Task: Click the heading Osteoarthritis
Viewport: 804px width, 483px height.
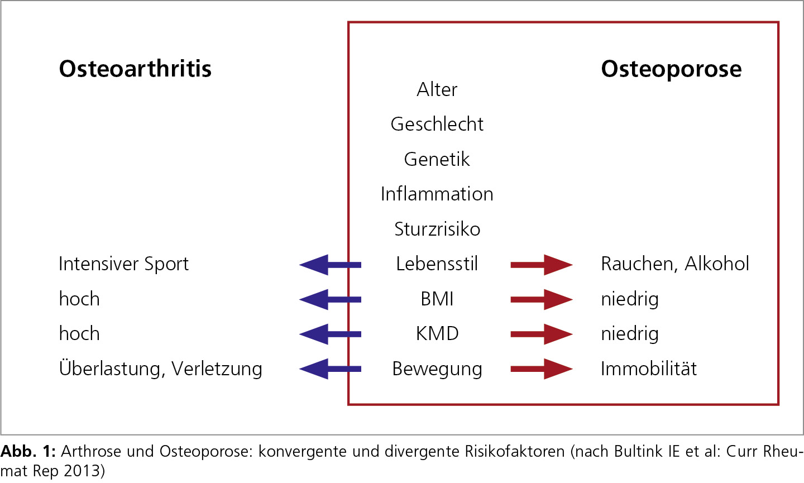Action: (x=135, y=69)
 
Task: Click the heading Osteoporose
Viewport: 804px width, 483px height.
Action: (x=671, y=69)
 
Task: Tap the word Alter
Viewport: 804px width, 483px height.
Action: (x=437, y=89)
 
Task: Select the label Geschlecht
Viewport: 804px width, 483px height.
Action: (x=437, y=124)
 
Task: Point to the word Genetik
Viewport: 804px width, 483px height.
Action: (x=437, y=159)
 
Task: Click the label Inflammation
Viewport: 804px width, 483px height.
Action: (x=437, y=194)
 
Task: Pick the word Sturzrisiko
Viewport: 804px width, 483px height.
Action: (x=437, y=228)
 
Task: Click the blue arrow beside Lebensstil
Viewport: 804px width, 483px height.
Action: (x=330, y=265)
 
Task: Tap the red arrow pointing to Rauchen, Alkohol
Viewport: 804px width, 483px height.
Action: (x=542, y=265)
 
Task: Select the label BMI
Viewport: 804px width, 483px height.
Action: (x=437, y=299)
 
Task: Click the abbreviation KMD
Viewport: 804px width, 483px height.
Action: (x=437, y=333)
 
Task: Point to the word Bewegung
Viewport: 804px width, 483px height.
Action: (x=437, y=369)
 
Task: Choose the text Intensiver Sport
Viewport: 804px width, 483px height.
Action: (x=123, y=264)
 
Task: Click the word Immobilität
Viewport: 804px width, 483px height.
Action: (x=649, y=368)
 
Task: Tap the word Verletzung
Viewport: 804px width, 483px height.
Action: (x=217, y=369)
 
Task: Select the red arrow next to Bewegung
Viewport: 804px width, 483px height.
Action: (x=542, y=369)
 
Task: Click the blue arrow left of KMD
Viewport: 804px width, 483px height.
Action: (x=330, y=334)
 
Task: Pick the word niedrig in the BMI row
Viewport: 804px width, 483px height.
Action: (x=630, y=299)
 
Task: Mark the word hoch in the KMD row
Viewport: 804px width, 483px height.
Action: (x=79, y=333)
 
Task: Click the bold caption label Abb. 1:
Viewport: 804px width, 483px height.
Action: (x=28, y=451)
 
